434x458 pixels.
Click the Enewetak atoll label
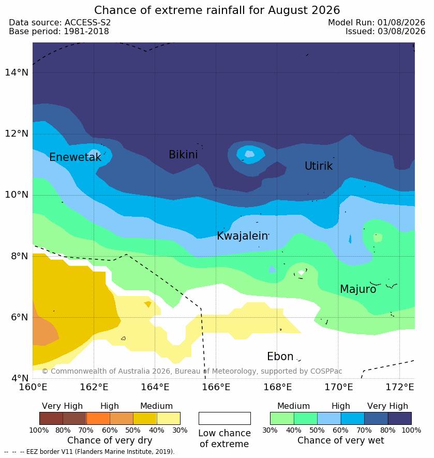pyautogui.click(x=76, y=157)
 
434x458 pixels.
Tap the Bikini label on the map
pyautogui.click(x=183, y=155)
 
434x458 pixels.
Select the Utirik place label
pyautogui.click(x=319, y=166)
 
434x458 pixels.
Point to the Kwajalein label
pyautogui.click(x=242, y=235)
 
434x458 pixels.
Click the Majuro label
pyautogui.click(x=358, y=289)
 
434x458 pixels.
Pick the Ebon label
pyautogui.click(x=280, y=357)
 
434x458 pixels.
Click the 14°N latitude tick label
pyautogui.click(x=17, y=72)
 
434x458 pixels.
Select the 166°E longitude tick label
pyautogui.click(x=216, y=387)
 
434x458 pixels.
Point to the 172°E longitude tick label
pyautogui.click(x=400, y=387)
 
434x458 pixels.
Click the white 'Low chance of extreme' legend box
pyautogui.click(x=225, y=418)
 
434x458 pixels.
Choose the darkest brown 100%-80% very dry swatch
pyautogui.click(x=51, y=418)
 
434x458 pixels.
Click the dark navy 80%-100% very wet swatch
pyautogui.click(x=399, y=418)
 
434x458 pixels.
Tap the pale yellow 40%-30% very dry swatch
pyautogui.click(x=169, y=418)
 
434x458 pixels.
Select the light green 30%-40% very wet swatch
pyautogui.click(x=282, y=418)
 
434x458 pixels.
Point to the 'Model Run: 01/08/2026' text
pyautogui.click(x=377, y=22)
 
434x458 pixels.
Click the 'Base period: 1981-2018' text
pyautogui.click(x=59, y=31)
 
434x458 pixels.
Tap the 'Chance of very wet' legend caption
pyautogui.click(x=340, y=440)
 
